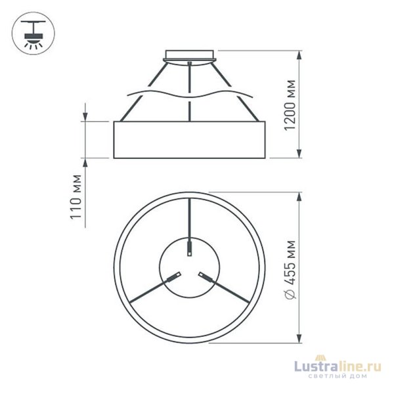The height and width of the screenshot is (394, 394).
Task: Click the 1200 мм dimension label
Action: (x=290, y=105)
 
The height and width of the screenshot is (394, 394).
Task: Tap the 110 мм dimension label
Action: (x=76, y=196)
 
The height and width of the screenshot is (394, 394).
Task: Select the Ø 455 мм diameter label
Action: (x=290, y=269)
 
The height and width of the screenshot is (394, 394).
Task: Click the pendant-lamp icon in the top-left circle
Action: (x=33, y=34)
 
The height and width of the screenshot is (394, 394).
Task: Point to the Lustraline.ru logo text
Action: (x=338, y=366)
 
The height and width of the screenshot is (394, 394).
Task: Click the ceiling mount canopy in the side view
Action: (x=190, y=57)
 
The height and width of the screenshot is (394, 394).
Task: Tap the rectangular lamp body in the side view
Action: (x=190, y=140)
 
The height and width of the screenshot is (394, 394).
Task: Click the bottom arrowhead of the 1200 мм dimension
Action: (x=299, y=153)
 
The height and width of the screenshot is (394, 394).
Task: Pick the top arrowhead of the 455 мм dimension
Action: (x=299, y=197)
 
